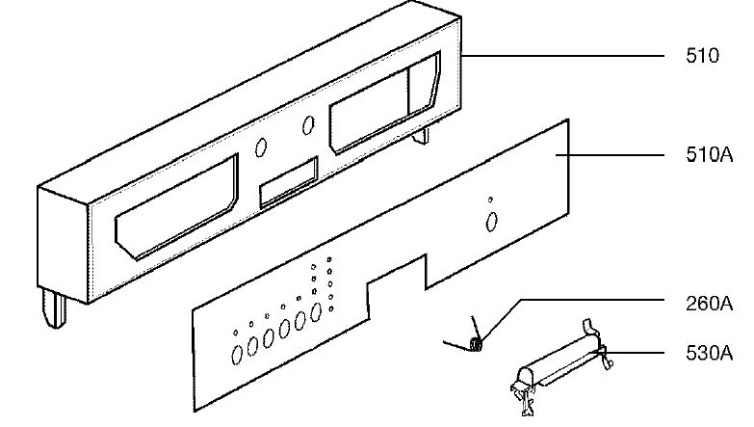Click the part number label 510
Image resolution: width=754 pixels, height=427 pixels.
[701, 57]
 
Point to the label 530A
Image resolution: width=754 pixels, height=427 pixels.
[709, 354]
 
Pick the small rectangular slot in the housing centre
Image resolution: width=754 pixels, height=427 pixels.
[288, 184]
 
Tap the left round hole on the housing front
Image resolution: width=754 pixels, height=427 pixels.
[262, 148]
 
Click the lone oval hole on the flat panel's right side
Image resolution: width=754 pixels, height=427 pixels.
[491, 222]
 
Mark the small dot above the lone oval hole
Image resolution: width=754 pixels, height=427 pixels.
[490, 200]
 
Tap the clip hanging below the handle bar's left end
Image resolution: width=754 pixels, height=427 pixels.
[522, 395]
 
